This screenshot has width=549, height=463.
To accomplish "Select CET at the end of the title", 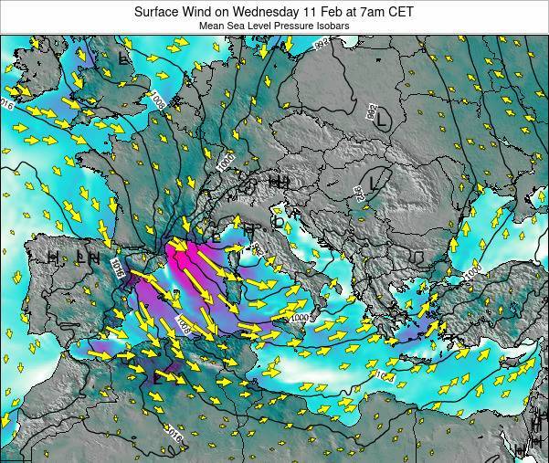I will [x=400, y=12].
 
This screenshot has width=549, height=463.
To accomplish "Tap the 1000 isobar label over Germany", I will [x=226, y=161].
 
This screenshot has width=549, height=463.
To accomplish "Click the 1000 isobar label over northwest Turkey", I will [x=470, y=273].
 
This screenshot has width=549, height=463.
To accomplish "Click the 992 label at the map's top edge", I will [x=321, y=43].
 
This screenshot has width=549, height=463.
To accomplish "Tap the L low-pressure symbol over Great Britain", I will [x=124, y=59].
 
